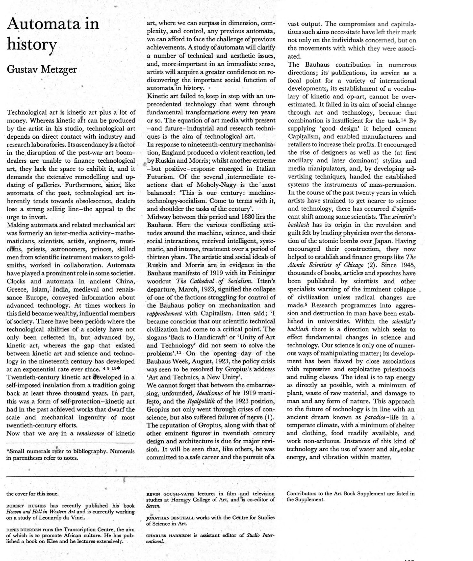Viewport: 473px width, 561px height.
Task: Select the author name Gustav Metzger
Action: click(42, 69)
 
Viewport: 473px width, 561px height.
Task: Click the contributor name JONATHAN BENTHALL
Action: click(170, 518)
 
